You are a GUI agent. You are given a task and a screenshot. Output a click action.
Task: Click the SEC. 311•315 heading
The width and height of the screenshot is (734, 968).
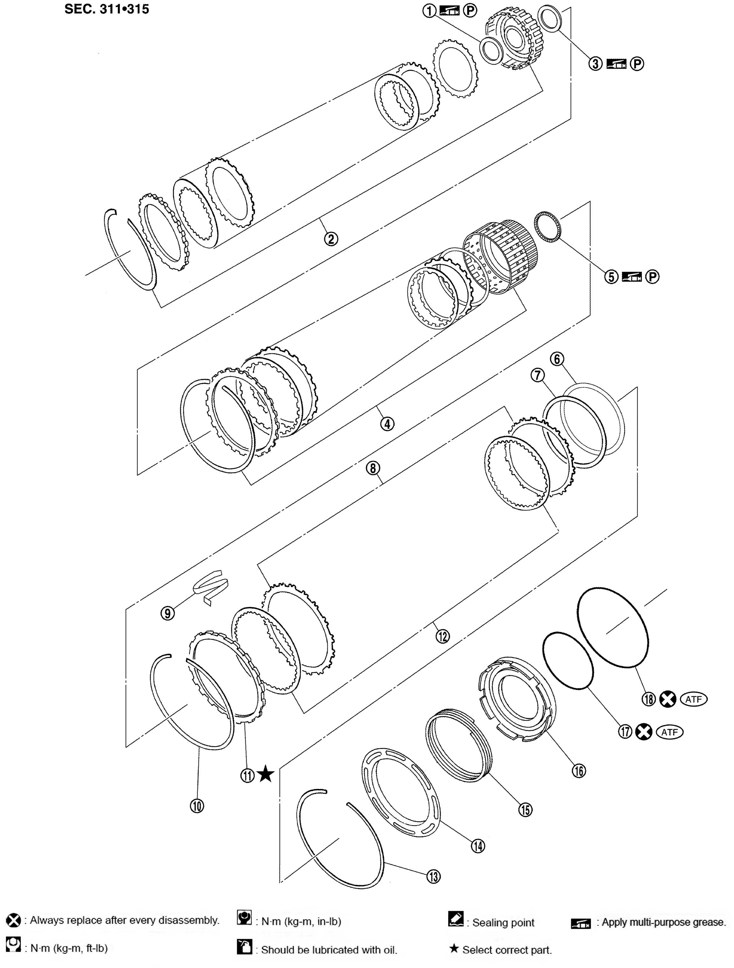point(106,9)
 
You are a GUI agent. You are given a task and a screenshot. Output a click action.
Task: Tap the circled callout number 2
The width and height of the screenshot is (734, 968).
point(331,239)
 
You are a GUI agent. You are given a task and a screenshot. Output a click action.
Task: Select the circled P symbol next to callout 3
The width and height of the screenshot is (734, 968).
point(637,64)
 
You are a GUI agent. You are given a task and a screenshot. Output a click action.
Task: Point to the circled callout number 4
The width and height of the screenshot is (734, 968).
point(387,424)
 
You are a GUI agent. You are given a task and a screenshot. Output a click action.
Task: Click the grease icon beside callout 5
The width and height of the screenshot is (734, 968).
point(632,276)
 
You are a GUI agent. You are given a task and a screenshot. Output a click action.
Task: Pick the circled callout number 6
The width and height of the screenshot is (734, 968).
point(557,359)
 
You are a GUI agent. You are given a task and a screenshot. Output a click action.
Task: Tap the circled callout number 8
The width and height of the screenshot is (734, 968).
point(373,468)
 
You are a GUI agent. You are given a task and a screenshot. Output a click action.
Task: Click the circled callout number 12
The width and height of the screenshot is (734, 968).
point(443,636)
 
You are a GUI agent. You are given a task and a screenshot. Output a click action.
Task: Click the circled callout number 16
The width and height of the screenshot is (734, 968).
point(579,771)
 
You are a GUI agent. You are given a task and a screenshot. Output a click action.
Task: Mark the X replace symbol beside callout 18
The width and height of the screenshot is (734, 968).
point(668,699)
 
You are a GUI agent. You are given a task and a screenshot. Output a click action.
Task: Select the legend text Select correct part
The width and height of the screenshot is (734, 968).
point(507,950)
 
